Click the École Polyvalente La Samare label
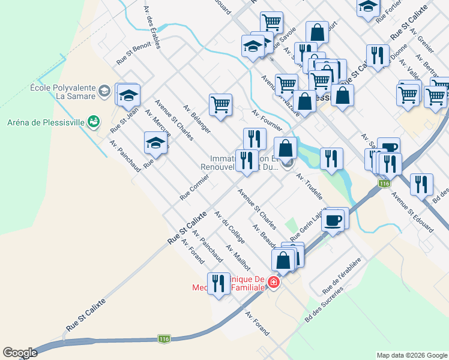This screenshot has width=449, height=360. [62, 92]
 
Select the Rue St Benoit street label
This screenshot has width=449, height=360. [133, 52]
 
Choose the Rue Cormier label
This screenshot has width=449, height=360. [194, 187]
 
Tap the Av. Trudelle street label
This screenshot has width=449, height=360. [310, 186]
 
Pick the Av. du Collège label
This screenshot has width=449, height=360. [230, 228]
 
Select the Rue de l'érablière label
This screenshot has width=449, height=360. [341, 277]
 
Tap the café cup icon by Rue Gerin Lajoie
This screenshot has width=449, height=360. [334, 219]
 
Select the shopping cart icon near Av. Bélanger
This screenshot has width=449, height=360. [220, 104]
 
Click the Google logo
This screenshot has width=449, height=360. [20, 352]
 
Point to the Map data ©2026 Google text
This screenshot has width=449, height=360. [411, 355]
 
